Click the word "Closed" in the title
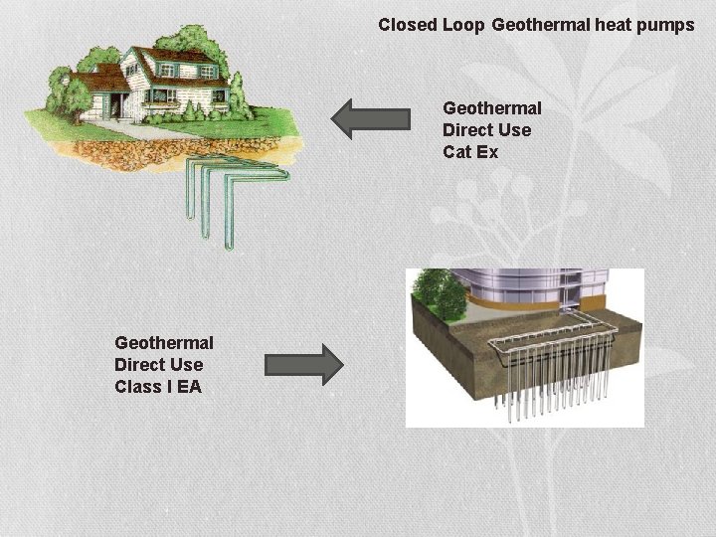point(408,25)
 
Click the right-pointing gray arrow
point(303,364)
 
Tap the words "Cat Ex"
point(470,152)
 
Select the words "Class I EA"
point(157,386)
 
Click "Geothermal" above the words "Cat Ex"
point(491,108)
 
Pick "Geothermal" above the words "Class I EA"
point(163,342)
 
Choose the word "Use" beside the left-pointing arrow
point(514,130)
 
